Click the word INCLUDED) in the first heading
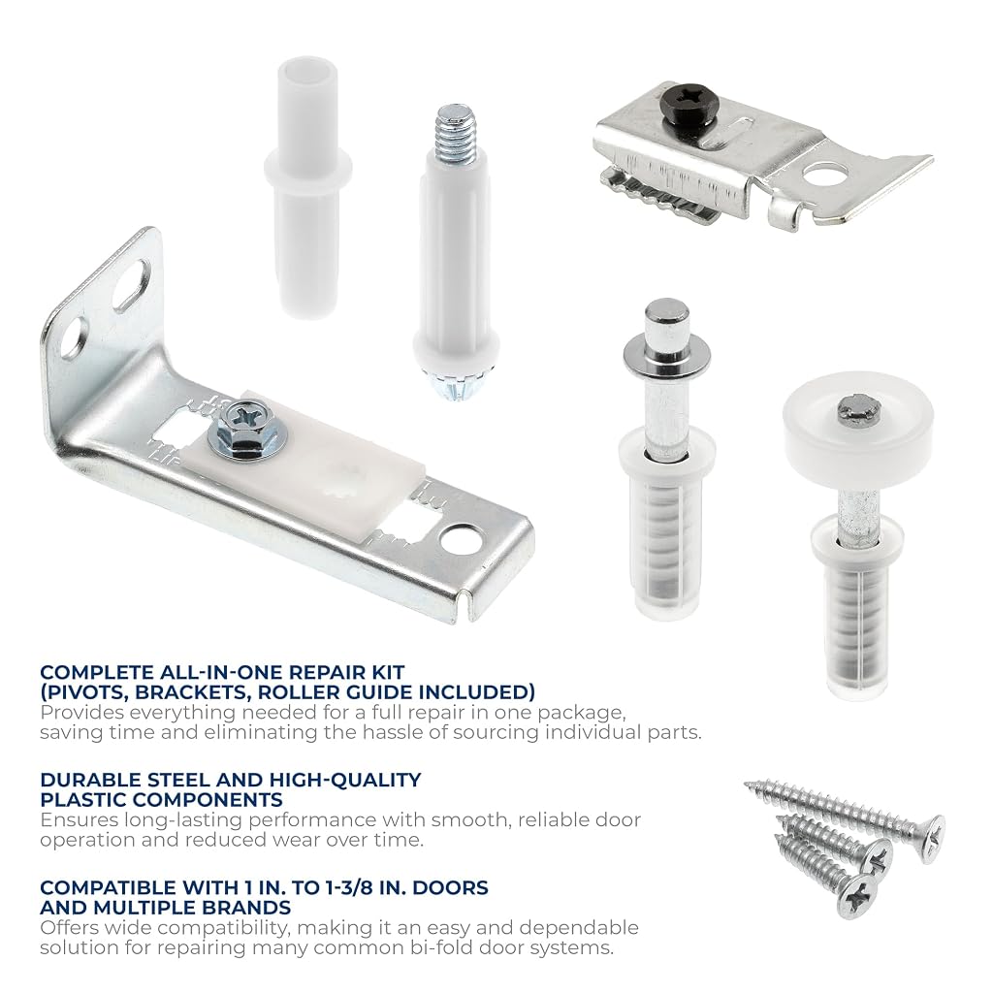pyautogui.click(x=475, y=692)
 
